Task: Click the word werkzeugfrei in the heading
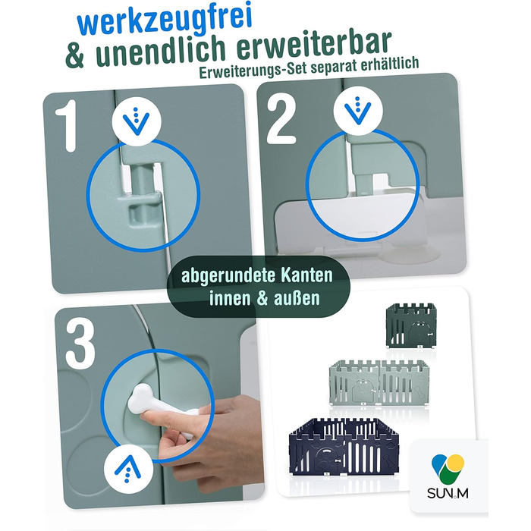pos(165,20)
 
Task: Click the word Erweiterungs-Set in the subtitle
pos(253,70)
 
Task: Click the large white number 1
pos(67,125)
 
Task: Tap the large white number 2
pos(281,121)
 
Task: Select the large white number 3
pos(80,345)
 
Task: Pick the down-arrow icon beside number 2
pos(357,111)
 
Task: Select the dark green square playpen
pos(411,325)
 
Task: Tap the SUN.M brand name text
pos(448,493)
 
